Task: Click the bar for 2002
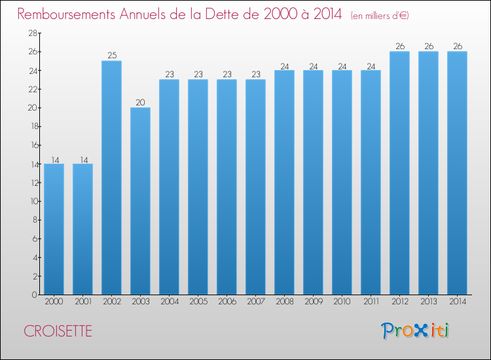[111, 177]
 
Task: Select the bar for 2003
[140, 201]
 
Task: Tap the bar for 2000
[54, 229]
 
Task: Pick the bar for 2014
[457, 173]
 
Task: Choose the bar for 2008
[284, 182]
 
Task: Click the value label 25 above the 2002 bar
[112, 56]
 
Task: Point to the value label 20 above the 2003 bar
[140, 102]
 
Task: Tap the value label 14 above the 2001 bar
[84, 160]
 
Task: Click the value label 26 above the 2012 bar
[400, 46]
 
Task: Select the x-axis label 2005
[198, 302]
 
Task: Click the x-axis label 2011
[371, 302]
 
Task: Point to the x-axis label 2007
[256, 302]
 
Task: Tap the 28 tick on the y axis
[33, 33]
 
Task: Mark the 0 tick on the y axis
[35, 295]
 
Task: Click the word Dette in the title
[231, 14]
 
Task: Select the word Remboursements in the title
[66, 14]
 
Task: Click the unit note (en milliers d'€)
[380, 15]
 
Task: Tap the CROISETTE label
[58, 331]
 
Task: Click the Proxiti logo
[415, 331]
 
